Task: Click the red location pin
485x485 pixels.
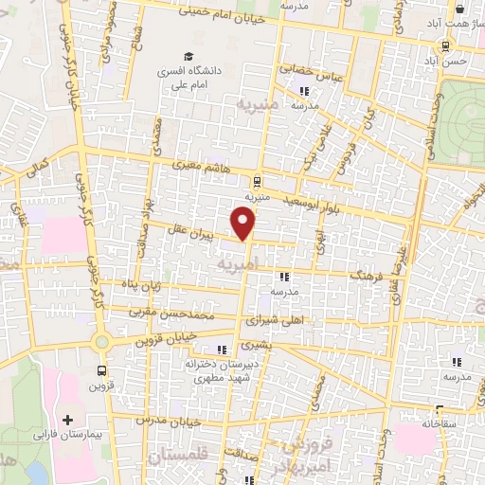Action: (x=244, y=223)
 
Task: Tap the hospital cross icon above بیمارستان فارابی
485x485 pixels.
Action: (x=66, y=419)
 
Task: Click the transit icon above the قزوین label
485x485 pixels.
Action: (x=101, y=371)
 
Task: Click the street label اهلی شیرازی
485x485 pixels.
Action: (x=275, y=322)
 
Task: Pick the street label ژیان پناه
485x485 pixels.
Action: (x=133, y=283)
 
